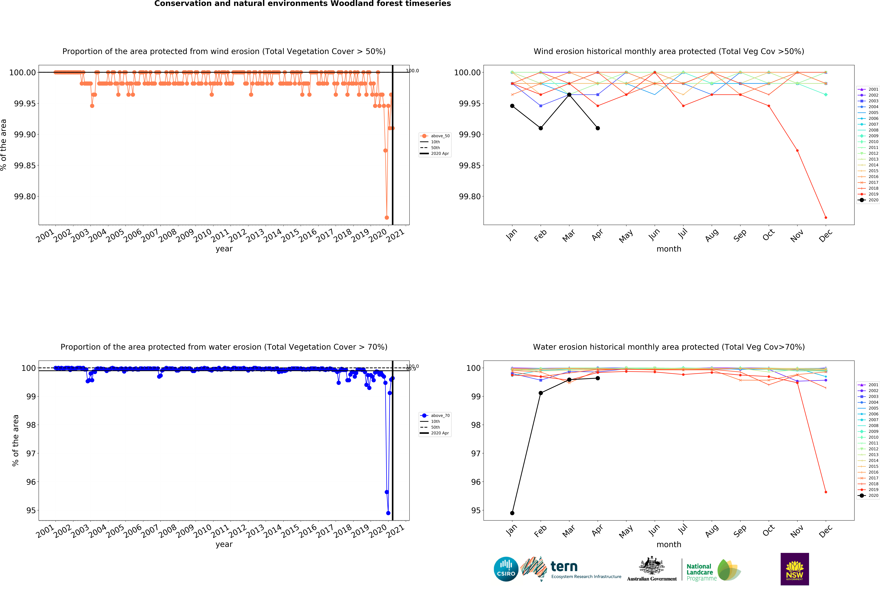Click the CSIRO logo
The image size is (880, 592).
click(506, 569)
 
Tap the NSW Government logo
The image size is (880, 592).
click(794, 569)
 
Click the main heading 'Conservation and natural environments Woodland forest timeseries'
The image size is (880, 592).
click(303, 4)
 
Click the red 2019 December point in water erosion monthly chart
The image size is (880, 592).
click(826, 492)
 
